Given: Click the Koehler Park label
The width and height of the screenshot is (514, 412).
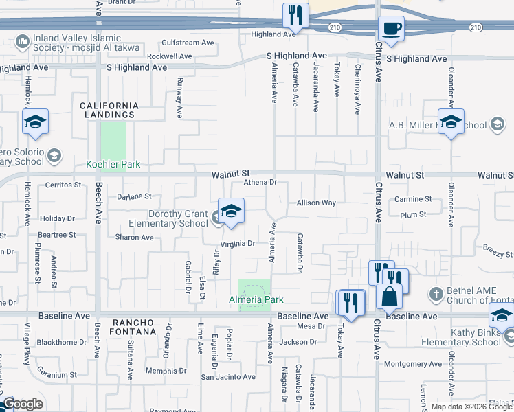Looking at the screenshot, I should (113, 164).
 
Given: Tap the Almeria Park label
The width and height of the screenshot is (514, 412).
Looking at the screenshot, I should (256, 300).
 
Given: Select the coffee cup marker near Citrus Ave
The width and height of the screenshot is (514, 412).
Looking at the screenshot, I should (391, 29).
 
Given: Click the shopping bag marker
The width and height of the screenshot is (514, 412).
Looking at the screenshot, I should (389, 297).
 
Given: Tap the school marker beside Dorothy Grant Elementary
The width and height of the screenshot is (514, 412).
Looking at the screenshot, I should (232, 211).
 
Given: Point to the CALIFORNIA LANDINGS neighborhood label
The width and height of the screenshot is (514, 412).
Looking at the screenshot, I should (109, 110).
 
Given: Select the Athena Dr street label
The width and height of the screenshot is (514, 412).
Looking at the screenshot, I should (260, 183).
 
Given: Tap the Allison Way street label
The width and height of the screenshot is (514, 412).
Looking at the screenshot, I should (316, 203).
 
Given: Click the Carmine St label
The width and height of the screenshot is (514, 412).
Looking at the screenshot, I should (413, 199).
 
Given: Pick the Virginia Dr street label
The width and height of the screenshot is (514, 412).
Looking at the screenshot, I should (238, 244).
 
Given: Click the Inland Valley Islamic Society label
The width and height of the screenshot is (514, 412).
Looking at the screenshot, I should (82, 43).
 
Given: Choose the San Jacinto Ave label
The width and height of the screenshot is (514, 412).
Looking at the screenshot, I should (228, 377).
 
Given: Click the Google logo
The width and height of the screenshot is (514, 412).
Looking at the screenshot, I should (23, 404).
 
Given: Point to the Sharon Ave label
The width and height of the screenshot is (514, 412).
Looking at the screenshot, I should (135, 238).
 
